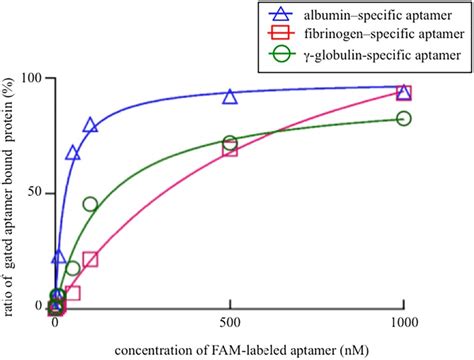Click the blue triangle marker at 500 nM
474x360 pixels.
[x=230, y=97]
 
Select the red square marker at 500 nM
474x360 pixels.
[x=230, y=149]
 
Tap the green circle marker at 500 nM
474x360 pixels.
[x=230, y=143]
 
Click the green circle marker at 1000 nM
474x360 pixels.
[x=404, y=119]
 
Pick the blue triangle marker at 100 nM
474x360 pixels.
[x=90, y=126]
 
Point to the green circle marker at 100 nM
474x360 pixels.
[x=90, y=204]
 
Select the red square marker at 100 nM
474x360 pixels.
[x=90, y=260]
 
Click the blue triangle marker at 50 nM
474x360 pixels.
[x=73, y=153]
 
